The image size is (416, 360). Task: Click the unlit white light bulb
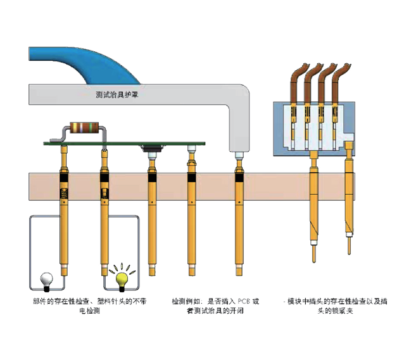(x=46, y=276)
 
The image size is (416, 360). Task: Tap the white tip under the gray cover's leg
(x=239, y=155)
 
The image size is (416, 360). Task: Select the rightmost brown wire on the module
(x=337, y=82)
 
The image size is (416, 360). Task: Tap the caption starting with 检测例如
(x=215, y=302)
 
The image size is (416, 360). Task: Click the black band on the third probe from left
(x=152, y=179)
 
